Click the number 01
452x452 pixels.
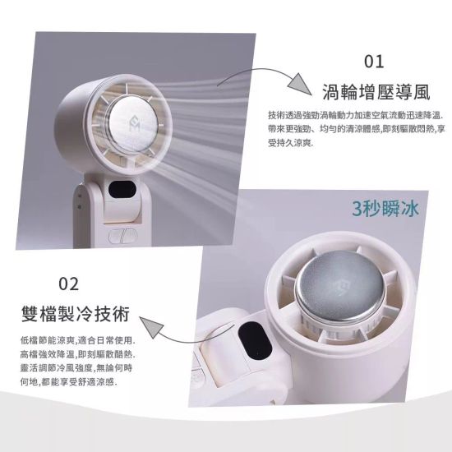coord(374,62)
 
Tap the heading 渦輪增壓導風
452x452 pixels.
coord(376,92)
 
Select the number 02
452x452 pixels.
coord(68,284)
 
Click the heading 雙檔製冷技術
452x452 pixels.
coord(76,314)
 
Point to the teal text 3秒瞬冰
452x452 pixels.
coord(385,209)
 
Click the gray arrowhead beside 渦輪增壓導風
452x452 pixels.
coord(300,84)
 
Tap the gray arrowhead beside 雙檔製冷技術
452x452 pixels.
coord(152,327)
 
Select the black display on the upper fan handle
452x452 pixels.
coord(122,190)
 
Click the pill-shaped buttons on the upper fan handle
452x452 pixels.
coord(122,236)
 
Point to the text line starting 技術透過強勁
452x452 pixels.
coord(356,116)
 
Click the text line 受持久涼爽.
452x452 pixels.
coord(290,143)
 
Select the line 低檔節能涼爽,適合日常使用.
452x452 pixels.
coord(77,340)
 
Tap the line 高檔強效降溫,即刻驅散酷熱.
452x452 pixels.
coord(77,354)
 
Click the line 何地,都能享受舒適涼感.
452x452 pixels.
coord(68,382)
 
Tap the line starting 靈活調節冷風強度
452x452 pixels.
coord(76,368)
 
